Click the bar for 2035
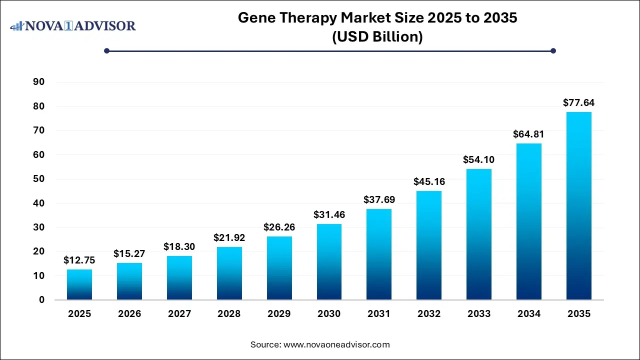click(x=579, y=206)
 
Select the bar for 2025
click(x=79, y=284)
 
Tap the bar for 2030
click(x=329, y=262)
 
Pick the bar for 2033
click(x=479, y=234)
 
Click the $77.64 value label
click(x=579, y=103)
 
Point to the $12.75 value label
click(x=79, y=260)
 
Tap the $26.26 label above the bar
click(x=279, y=227)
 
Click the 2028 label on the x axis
click(x=229, y=314)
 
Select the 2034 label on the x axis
click(x=529, y=314)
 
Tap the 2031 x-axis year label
click(x=379, y=314)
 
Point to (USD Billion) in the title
click(x=377, y=37)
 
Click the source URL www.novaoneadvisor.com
click(x=336, y=344)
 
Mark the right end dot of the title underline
click(x=553, y=50)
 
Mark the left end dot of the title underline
click(x=106, y=50)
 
